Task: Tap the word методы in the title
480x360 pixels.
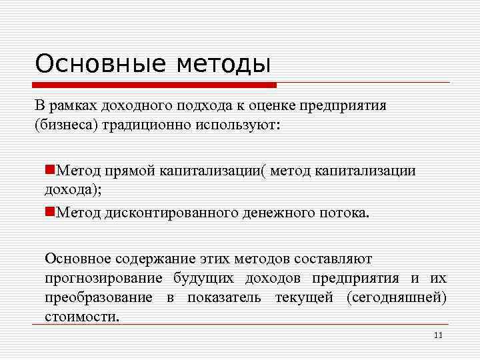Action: pos(224,65)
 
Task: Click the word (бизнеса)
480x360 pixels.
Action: pos(66,125)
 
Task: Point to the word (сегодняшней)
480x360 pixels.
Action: pos(397,297)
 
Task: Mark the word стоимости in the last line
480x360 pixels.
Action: pos(82,316)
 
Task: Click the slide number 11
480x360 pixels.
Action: pos(437,335)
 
